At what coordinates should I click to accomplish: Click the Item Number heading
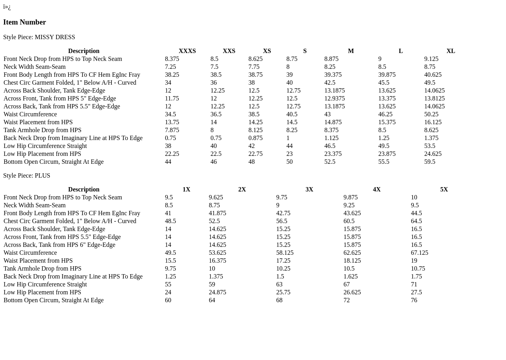[x=25, y=22]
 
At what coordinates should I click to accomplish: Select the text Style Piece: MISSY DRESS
[x=39, y=37]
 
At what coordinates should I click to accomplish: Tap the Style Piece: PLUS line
[x=26, y=176]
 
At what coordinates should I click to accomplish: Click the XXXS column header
[x=187, y=51]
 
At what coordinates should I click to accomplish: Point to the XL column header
[x=451, y=51]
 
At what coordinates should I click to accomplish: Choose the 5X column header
[x=444, y=189]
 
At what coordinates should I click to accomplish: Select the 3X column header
[x=309, y=189]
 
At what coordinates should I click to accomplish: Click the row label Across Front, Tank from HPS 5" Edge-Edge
[x=60, y=99]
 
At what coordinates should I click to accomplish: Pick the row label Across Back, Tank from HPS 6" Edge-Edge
[x=59, y=245]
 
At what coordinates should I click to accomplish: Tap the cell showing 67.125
[x=419, y=253]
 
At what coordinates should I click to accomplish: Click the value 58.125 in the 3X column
[x=285, y=253]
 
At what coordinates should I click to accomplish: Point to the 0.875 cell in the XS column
[x=255, y=138]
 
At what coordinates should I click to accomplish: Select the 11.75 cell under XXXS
[x=172, y=99]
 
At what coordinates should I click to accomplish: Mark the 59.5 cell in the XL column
[x=430, y=162]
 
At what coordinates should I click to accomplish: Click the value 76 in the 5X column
[x=414, y=300]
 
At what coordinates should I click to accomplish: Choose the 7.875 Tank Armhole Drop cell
[x=172, y=130]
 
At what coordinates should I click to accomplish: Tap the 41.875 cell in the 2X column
[x=217, y=213]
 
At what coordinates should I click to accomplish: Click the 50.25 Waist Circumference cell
[x=431, y=114]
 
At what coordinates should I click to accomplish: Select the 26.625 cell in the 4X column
[x=352, y=292]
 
